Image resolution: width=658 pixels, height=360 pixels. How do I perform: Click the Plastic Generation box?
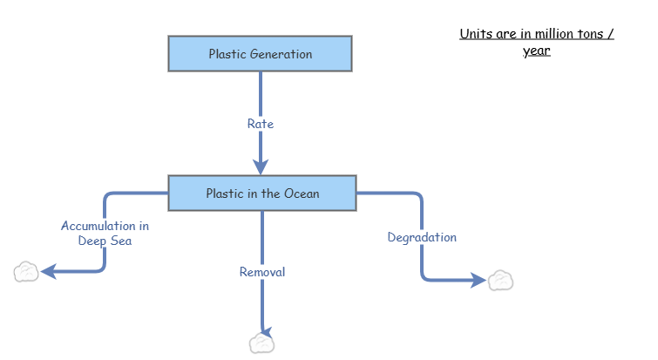click(x=260, y=54)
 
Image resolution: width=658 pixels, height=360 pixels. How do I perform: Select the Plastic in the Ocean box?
click(x=261, y=194)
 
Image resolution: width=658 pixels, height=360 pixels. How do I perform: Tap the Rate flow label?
click(x=260, y=124)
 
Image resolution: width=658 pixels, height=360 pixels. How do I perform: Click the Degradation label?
click(x=422, y=237)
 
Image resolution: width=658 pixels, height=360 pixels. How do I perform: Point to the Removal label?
click(x=262, y=272)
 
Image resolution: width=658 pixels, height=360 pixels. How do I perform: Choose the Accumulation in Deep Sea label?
click(x=105, y=233)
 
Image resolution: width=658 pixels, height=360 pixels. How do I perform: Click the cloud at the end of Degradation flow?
click(x=500, y=281)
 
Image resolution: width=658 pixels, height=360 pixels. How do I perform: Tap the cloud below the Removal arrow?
click(x=261, y=343)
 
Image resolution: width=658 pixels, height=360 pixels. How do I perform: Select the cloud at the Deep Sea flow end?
click(x=27, y=273)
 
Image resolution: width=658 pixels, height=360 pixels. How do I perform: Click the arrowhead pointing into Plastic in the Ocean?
click(x=261, y=166)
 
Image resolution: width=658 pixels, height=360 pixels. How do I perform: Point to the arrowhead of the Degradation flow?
click(x=478, y=280)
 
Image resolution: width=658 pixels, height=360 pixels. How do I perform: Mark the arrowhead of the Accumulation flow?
click(x=49, y=272)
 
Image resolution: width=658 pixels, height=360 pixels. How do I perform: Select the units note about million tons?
click(x=537, y=42)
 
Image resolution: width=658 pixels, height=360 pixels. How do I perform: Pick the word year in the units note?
click(x=536, y=51)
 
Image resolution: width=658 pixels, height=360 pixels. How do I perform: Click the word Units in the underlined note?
click(x=475, y=34)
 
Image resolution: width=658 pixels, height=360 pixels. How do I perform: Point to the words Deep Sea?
click(x=105, y=241)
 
